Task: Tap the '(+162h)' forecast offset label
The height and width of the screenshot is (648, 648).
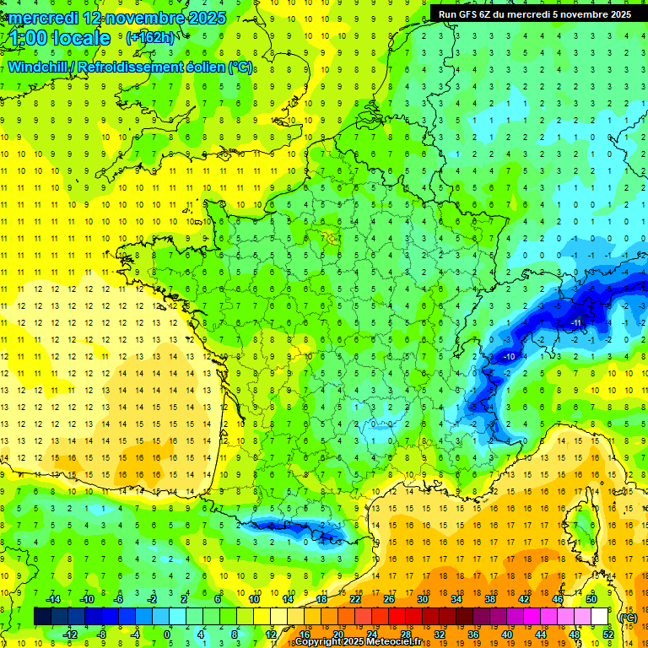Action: [x=150, y=37]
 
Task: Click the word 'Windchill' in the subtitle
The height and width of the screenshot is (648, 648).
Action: [x=38, y=67]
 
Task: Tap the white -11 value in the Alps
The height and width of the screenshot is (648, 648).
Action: [x=577, y=323]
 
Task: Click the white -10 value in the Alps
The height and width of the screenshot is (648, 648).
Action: [x=509, y=357]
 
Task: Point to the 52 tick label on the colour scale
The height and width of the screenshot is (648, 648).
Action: [x=608, y=634]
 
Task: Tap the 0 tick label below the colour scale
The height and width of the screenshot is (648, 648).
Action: [x=167, y=634]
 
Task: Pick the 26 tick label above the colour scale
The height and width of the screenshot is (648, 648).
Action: [x=389, y=599]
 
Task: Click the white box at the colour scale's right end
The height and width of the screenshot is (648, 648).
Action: [x=599, y=617]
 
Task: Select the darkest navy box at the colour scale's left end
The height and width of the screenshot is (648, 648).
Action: [x=42, y=617]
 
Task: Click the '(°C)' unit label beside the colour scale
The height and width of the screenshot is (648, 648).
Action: [x=628, y=617]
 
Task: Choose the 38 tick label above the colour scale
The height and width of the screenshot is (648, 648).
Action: [x=489, y=599]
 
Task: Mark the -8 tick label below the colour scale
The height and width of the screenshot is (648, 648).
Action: [x=101, y=634]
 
